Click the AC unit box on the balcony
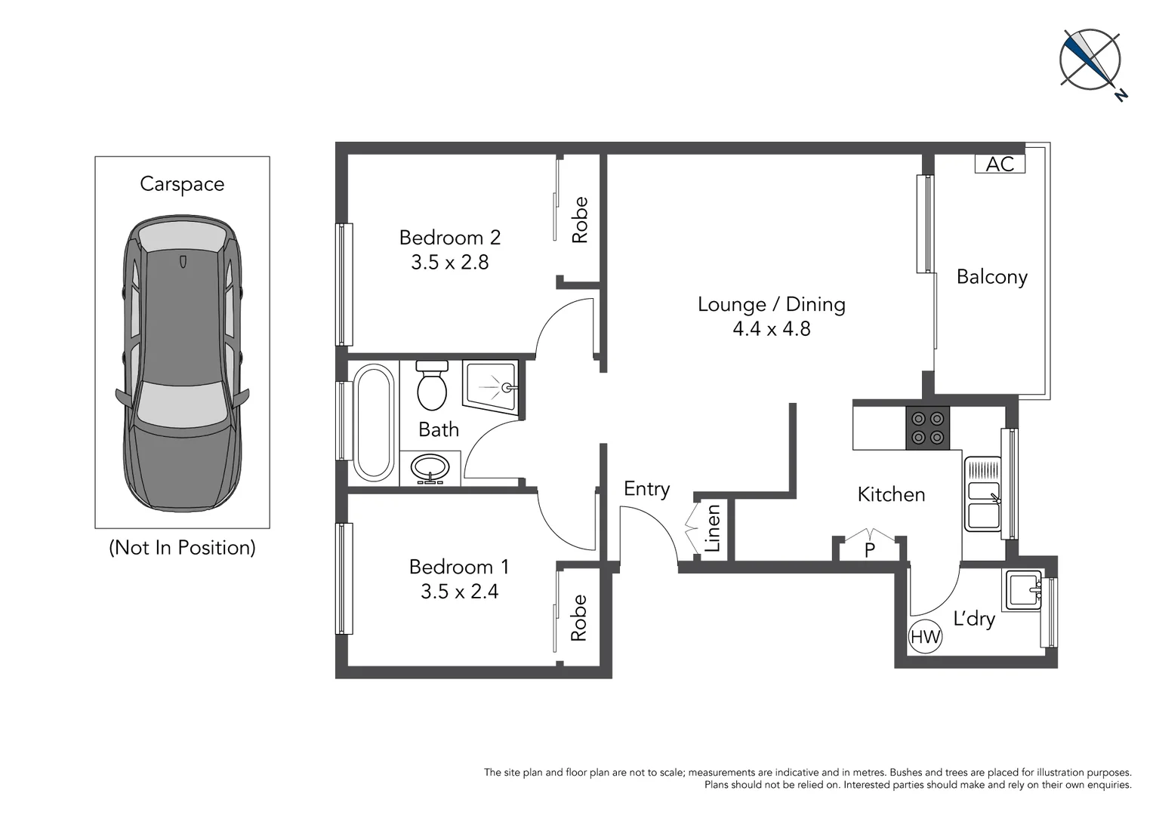tap(1000, 164)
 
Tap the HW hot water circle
tap(925, 637)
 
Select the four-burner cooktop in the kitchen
tap(927, 428)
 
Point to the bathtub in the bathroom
tap(373, 423)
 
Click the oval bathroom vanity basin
tap(430, 468)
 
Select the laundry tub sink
tap(1023, 590)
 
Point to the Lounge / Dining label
tap(771, 304)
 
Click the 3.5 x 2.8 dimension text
tap(449, 263)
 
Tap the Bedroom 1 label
tap(458, 567)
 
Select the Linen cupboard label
tap(712, 529)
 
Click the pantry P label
tap(870, 550)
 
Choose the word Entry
tap(646, 489)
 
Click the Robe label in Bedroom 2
tap(580, 220)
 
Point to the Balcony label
tap(991, 277)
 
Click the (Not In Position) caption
tap(182, 548)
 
